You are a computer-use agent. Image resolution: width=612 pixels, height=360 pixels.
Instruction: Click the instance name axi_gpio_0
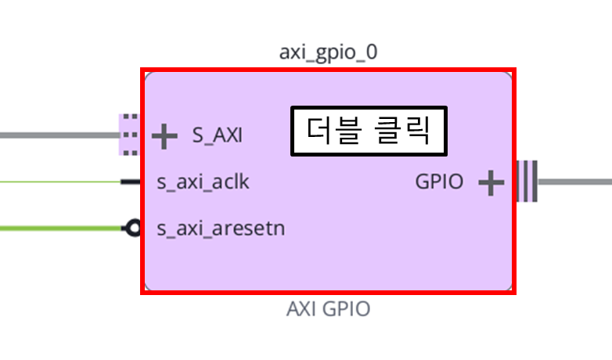(328, 52)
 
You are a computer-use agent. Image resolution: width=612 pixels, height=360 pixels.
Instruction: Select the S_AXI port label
(218, 135)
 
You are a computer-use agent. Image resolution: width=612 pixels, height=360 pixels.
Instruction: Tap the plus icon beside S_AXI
(164, 136)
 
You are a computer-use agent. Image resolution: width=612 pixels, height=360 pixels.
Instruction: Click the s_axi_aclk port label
(203, 182)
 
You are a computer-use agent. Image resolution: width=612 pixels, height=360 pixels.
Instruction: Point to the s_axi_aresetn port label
(221, 229)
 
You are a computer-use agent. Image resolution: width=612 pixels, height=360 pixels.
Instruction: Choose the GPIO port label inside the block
(439, 182)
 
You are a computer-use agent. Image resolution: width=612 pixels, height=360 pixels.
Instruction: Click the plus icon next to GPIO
(491, 182)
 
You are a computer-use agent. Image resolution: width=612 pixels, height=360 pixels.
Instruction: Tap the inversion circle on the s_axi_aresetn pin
(134, 228)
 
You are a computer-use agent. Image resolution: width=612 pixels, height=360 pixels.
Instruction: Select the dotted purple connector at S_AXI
(128, 135)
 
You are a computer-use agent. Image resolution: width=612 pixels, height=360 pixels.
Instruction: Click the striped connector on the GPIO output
(527, 181)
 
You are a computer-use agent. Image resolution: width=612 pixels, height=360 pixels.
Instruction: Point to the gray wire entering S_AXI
(59, 135)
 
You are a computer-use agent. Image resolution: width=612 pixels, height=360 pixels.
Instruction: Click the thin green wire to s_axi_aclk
(60, 182)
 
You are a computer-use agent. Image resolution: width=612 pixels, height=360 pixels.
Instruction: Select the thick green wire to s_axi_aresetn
(61, 228)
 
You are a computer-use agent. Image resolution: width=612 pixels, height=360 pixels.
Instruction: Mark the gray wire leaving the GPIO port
(575, 182)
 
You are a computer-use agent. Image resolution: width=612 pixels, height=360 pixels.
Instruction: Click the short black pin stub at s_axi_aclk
(131, 182)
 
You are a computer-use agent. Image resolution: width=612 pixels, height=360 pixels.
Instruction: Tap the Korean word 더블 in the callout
(334, 131)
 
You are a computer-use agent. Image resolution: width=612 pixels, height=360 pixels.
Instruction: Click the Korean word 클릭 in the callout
(402, 131)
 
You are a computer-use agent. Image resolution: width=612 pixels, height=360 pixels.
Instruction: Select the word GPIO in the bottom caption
(347, 309)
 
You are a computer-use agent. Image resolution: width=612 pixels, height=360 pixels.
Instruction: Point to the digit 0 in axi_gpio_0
(372, 52)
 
